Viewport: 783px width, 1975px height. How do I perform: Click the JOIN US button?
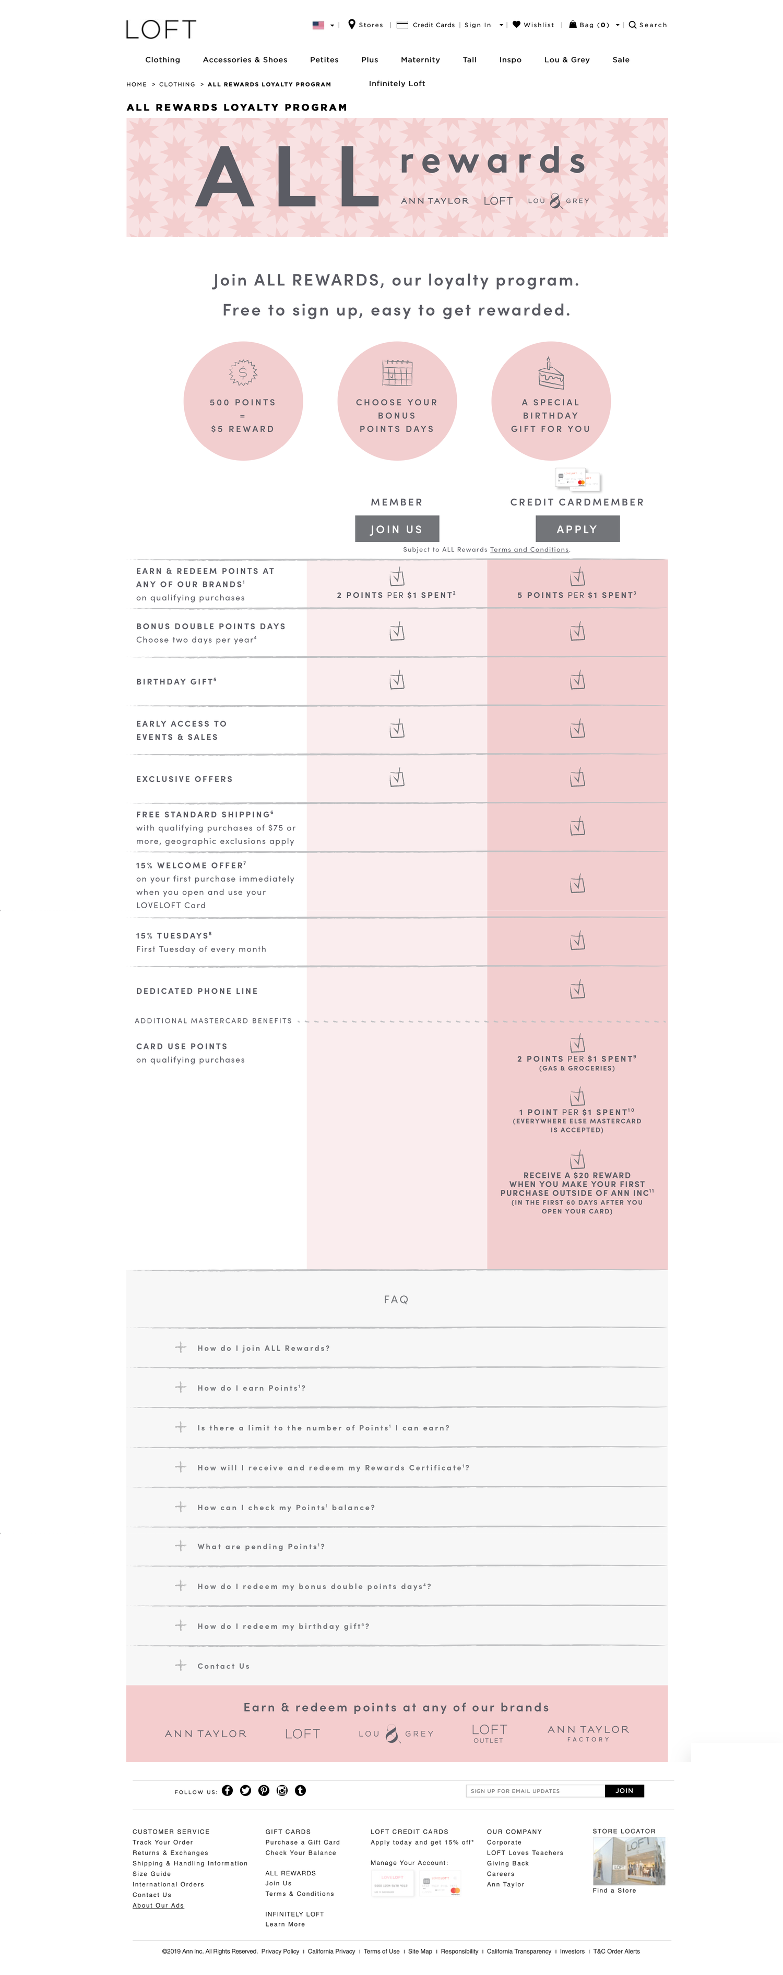pyautogui.click(x=397, y=529)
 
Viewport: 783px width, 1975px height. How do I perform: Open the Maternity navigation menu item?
pyautogui.click(x=420, y=60)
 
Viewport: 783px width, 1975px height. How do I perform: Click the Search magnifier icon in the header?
pyautogui.click(x=633, y=25)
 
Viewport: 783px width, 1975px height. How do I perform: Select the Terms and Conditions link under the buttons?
pyautogui.click(x=529, y=550)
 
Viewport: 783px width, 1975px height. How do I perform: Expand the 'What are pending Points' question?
pyautogui.click(x=261, y=1546)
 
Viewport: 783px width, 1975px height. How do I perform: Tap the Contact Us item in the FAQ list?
pyautogui.click(x=223, y=1666)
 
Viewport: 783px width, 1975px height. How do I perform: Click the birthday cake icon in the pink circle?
pyautogui.click(x=551, y=374)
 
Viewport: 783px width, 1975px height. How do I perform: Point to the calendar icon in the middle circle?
pyautogui.click(x=397, y=374)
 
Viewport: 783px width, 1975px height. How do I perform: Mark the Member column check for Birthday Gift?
pyautogui.click(x=397, y=680)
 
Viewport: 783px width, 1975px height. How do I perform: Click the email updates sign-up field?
pyautogui.click(x=535, y=1791)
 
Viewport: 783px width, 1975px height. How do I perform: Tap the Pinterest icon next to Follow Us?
pyautogui.click(x=264, y=1790)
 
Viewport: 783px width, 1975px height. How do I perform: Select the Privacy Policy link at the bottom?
pyautogui.click(x=280, y=1951)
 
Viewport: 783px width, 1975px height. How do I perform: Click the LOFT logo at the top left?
pyautogui.click(x=161, y=29)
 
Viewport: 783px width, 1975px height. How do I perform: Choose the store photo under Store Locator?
pyautogui.click(x=629, y=1860)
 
